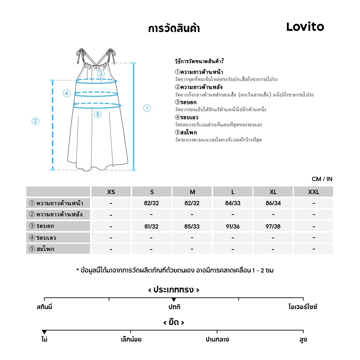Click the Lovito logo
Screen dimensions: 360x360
[x=305, y=27]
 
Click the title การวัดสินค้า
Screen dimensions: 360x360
[x=174, y=29]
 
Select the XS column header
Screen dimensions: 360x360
[x=111, y=192]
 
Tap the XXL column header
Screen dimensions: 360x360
[x=314, y=192]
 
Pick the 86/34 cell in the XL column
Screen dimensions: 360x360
[x=273, y=203]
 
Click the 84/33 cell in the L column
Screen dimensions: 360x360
[x=233, y=203]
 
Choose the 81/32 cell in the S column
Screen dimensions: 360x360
[x=151, y=226]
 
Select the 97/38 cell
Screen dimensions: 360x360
[x=273, y=226]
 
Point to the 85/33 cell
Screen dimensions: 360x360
[x=192, y=226]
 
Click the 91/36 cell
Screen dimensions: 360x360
[x=233, y=226]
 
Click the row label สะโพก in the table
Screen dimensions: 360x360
[x=45, y=249]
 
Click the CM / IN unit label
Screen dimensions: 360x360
[x=322, y=179]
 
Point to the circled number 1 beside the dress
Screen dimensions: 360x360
[x=147, y=108]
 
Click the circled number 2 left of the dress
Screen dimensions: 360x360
[x=35, y=121]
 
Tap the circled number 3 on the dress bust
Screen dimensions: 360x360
[x=101, y=73]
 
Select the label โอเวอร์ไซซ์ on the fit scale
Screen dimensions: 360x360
[x=303, y=307]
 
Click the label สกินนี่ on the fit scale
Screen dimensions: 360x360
[x=44, y=307]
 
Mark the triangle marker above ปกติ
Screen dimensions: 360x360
[x=174, y=300]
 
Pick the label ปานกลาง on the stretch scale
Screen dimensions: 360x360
[x=217, y=339]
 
